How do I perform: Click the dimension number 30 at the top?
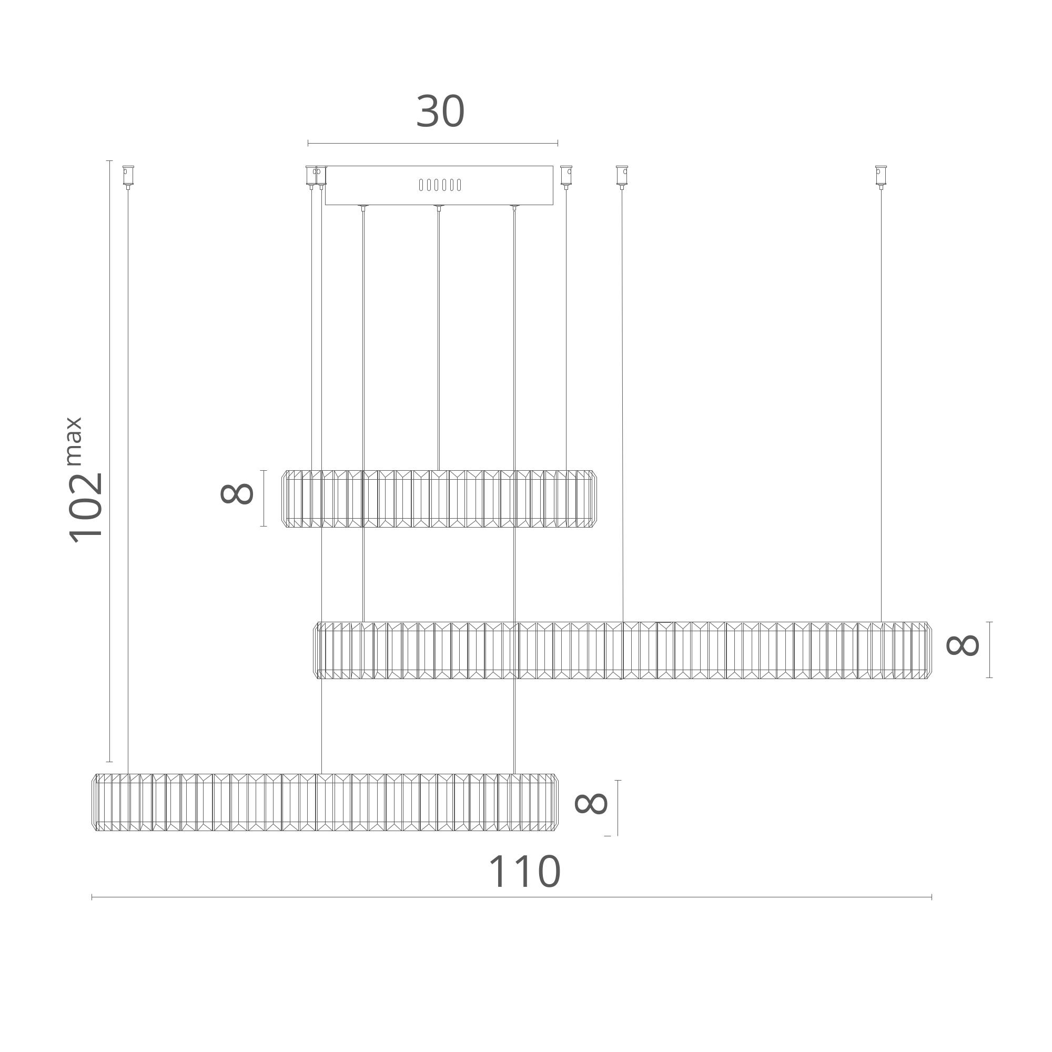[x=440, y=112]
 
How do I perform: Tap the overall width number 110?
[x=524, y=872]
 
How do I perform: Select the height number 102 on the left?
[x=86, y=508]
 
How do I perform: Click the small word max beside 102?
[x=74, y=441]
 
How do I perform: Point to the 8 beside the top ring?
[x=237, y=494]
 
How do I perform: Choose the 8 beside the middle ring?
[x=963, y=645]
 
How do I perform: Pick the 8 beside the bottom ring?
[x=591, y=803]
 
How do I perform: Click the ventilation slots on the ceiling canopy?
[x=440, y=185]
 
